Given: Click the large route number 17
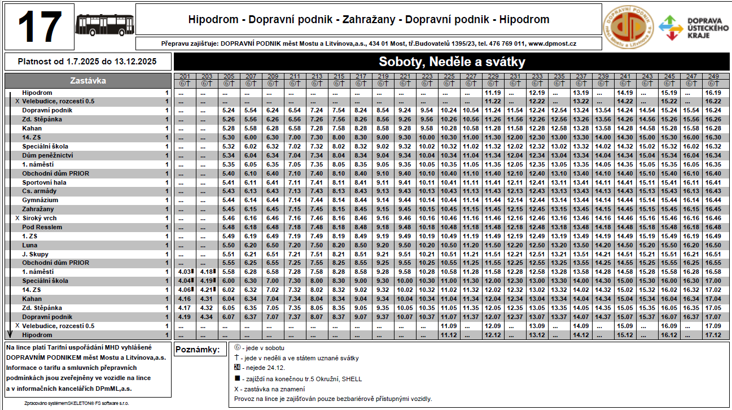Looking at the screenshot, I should pyautogui.click(x=40, y=27).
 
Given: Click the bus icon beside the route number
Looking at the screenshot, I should pyautogui.click(x=105, y=25).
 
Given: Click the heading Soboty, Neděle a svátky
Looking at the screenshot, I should pyautogui.click(x=452, y=62).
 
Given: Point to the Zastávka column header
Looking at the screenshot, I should pyautogui.click(x=87, y=81).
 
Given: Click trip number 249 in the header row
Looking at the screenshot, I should pyautogui.click(x=713, y=76).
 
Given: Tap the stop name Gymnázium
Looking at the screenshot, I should pyautogui.click(x=40, y=200).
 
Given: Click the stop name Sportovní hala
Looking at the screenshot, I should pyautogui.click(x=45, y=182).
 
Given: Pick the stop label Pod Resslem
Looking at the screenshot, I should pyautogui.click(x=42, y=227).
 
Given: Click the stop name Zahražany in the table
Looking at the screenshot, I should pyautogui.click(x=38, y=209).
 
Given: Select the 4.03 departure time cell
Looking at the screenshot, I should pyautogui.click(x=184, y=272).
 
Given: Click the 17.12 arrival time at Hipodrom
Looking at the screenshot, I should pyautogui.click(x=713, y=335).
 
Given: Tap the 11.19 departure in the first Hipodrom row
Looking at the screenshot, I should pyautogui.click(x=493, y=93).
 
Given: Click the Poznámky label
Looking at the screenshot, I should pyautogui.click(x=197, y=350).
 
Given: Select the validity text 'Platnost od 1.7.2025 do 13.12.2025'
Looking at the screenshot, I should pyautogui.click(x=87, y=62).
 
